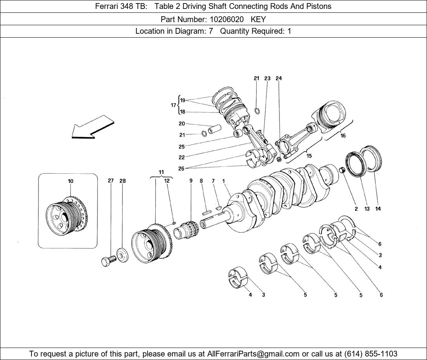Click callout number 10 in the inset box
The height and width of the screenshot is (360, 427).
(70, 181)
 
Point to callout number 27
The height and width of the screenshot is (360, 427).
(111, 181)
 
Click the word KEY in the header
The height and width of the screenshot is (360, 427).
(258, 19)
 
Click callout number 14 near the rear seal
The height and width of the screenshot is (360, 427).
(378, 209)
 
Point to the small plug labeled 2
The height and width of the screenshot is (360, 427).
(342, 170)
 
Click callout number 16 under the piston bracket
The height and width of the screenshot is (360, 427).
(343, 136)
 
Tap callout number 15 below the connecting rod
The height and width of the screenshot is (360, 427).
(309, 156)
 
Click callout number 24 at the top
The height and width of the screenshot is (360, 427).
(278, 78)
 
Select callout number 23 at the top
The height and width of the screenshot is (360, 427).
(267, 78)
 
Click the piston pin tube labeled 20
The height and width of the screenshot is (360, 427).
(214, 129)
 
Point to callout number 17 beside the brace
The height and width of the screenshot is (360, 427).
(173, 105)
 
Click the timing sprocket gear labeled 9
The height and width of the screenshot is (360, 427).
(190, 231)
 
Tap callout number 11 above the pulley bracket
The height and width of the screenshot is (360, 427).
(161, 172)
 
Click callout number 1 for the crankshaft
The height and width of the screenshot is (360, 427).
(224, 181)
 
